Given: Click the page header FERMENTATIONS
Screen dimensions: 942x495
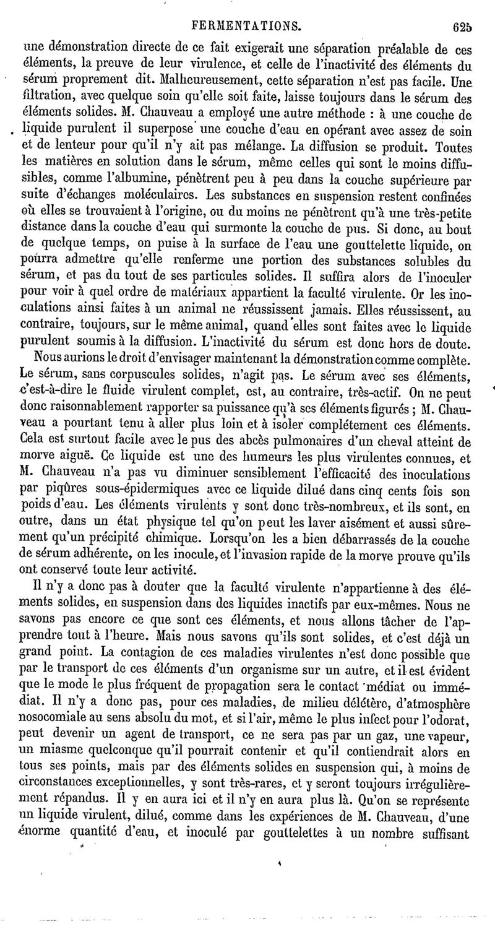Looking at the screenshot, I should coord(247,26).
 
